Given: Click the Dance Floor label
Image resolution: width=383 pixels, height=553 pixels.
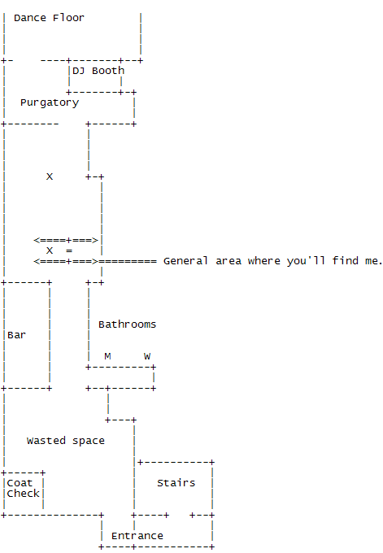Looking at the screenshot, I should click(x=49, y=18).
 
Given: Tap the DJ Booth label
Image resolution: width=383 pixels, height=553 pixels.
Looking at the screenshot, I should click(x=98, y=71).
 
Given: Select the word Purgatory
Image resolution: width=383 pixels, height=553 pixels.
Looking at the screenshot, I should click(x=49, y=102).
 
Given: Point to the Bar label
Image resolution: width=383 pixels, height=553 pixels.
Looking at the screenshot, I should click(x=16, y=335).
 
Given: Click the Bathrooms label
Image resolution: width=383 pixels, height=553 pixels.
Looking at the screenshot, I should click(x=127, y=324).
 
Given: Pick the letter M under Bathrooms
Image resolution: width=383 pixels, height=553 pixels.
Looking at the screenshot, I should click(x=107, y=356).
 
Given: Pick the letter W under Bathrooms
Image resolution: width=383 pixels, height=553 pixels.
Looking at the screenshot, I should click(x=147, y=356).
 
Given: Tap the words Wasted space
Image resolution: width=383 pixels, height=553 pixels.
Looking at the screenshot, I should click(x=65, y=441).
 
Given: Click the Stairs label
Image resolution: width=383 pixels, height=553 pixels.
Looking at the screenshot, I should click(x=176, y=483).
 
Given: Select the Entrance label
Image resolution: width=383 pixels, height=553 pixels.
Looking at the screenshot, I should click(x=137, y=536).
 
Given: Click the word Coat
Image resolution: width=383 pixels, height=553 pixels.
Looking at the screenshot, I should click(x=20, y=483).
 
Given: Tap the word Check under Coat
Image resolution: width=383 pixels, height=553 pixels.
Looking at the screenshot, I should click(x=23, y=494).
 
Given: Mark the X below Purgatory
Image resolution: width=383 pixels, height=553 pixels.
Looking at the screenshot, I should click(x=50, y=176).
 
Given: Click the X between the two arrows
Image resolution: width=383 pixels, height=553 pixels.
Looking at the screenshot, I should click(x=50, y=250).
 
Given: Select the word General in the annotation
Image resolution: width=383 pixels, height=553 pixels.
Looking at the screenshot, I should click(x=185, y=261).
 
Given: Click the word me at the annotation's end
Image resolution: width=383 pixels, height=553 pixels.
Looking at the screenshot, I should click(x=372, y=261).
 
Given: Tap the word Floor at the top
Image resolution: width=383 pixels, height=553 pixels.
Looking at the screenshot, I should click(x=68, y=18).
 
